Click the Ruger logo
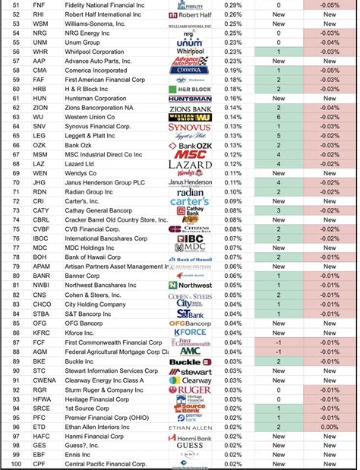[189, 390]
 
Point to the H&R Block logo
[189, 89]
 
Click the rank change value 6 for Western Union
[279, 117]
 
